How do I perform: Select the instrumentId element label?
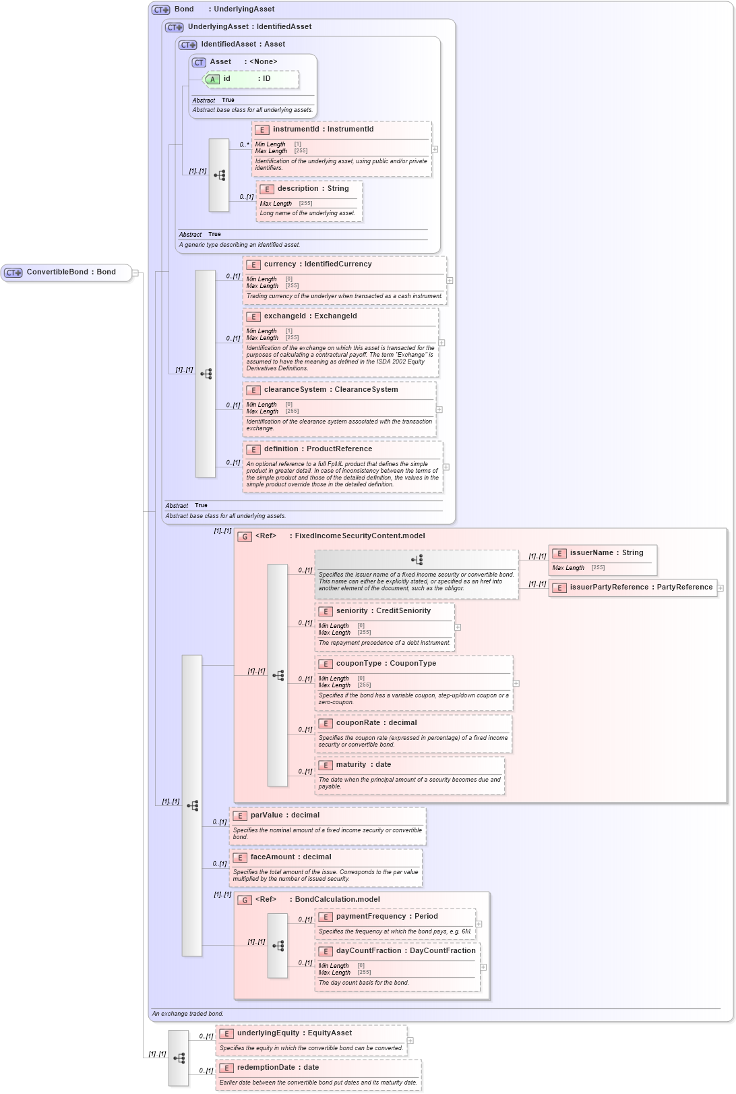pyautogui.click(x=322, y=129)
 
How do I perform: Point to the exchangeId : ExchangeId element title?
pyautogui.click(x=310, y=316)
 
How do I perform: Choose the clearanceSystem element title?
pyautogui.click(x=330, y=390)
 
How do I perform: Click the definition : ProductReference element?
pyautogui.click(x=317, y=449)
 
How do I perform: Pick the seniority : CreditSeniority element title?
pyautogui.click(x=383, y=611)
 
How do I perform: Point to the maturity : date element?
pyautogui.click(x=363, y=765)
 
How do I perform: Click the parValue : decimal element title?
pyautogui.click(x=284, y=815)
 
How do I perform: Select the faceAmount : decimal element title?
pyautogui.click(x=290, y=857)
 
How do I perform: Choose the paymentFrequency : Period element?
pyautogui.click(x=387, y=917)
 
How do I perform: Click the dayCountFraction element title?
pyautogui.click(x=405, y=951)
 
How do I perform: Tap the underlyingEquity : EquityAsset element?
pyautogui.click(x=294, y=1033)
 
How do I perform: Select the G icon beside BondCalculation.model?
pyautogui.click(x=245, y=900)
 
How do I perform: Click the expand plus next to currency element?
pyautogui.click(x=450, y=281)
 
